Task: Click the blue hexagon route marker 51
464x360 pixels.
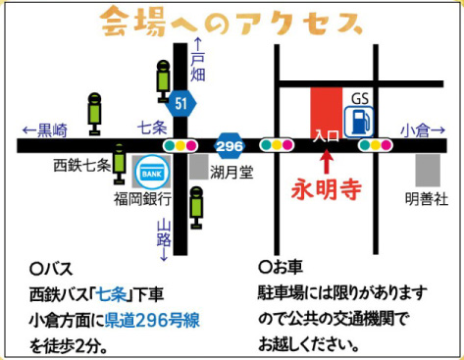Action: click(x=180, y=104)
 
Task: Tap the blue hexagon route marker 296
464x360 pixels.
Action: click(x=230, y=146)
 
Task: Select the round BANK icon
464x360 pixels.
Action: click(x=152, y=172)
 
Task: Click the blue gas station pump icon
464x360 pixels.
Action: click(x=359, y=121)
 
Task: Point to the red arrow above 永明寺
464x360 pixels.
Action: click(x=326, y=160)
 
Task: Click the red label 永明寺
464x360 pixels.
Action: click(x=326, y=189)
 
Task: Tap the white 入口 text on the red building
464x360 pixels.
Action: click(x=326, y=135)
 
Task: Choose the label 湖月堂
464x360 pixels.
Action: click(x=232, y=172)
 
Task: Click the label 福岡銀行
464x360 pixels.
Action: click(x=143, y=198)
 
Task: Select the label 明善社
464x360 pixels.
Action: click(x=427, y=198)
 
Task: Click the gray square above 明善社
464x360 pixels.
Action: click(x=428, y=170)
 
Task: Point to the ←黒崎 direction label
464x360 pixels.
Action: click(x=45, y=130)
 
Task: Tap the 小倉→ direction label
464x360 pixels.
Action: click(x=423, y=130)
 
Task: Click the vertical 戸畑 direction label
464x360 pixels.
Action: click(x=198, y=60)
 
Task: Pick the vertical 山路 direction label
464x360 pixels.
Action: click(x=164, y=240)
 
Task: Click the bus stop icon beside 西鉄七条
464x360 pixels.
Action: click(x=120, y=164)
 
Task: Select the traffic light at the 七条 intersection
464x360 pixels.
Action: click(x=180, y=145)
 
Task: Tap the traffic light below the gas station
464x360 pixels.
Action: click(x=376, y=145)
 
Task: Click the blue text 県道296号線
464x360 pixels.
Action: click(x=152, y=321)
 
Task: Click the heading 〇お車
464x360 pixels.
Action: click(x=281, y=267)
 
